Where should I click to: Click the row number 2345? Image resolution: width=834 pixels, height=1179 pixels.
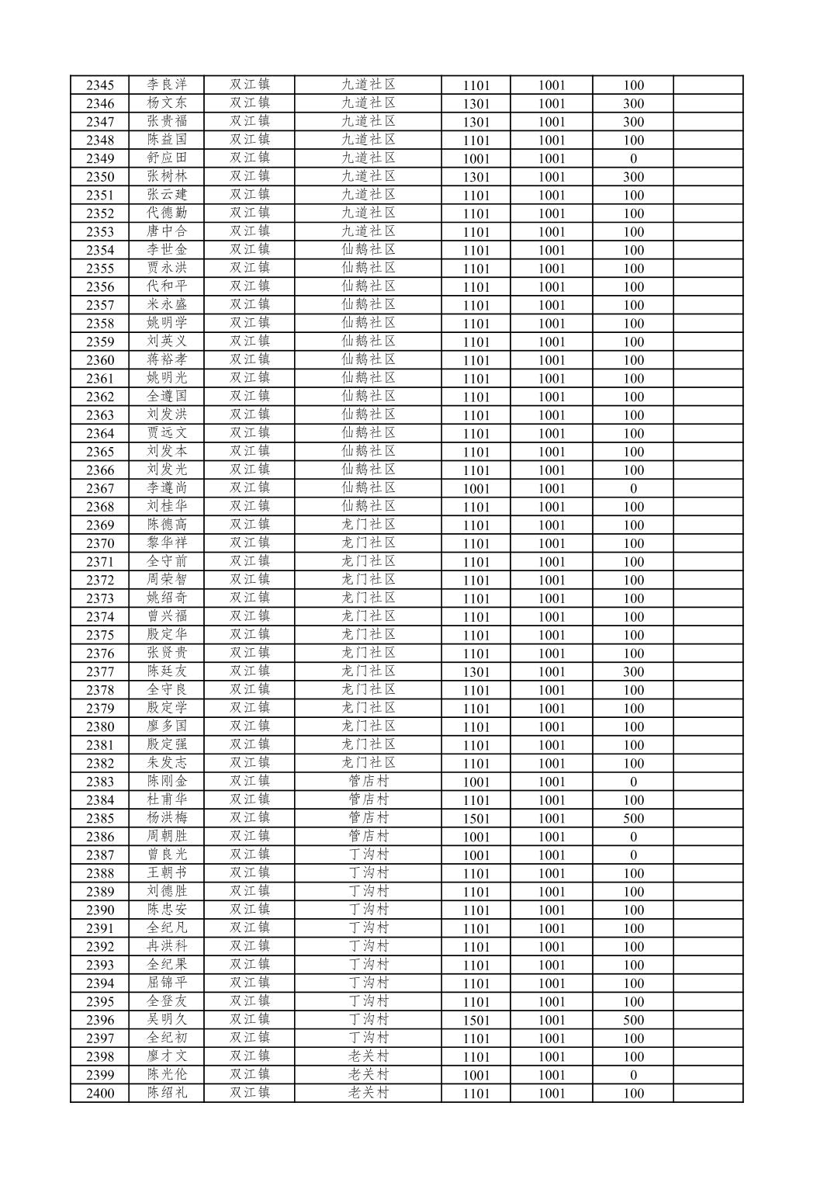click(x=99, y=85)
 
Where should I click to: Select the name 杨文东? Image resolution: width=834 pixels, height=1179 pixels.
click(x=167, y=103)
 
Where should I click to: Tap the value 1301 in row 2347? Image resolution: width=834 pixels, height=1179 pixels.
click(x=476, y=122)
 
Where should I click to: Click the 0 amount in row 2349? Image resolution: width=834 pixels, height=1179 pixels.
click(x=633, y=158)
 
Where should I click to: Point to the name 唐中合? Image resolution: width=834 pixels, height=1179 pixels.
click(x=167, y=231)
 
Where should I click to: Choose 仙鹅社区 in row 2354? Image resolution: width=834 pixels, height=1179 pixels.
click(x=369, y=250)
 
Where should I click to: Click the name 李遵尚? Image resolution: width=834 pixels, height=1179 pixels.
click(x=167, y=488)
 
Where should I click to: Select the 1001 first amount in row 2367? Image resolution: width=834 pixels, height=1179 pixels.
click(x=476, y=488)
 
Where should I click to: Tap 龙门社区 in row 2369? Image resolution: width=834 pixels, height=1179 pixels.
click(x=369, y=525)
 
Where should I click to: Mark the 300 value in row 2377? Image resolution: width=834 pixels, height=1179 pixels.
click(x=633, y=671)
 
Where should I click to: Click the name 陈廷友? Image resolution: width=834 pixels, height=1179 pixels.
click(x=167, y=671)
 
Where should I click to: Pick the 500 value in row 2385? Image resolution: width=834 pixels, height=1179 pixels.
click(x=633, y=818)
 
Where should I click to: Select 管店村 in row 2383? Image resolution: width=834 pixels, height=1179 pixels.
click(x=369, y=782)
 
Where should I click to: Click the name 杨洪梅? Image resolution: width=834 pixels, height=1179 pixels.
click(x=167, y=818)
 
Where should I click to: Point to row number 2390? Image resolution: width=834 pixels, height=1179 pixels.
click(x=99, y=910)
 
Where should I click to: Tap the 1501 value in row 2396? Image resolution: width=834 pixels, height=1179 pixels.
click(x=476, y=1020)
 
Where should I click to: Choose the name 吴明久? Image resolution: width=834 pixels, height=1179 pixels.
click(x=167, y=1020)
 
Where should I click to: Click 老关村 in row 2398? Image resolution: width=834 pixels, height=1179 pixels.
click(x=369, y=1056)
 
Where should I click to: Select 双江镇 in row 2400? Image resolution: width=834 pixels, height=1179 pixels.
click(x=249, y=1093)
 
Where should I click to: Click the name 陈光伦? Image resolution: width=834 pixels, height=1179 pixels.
click(x=167, y=1075)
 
